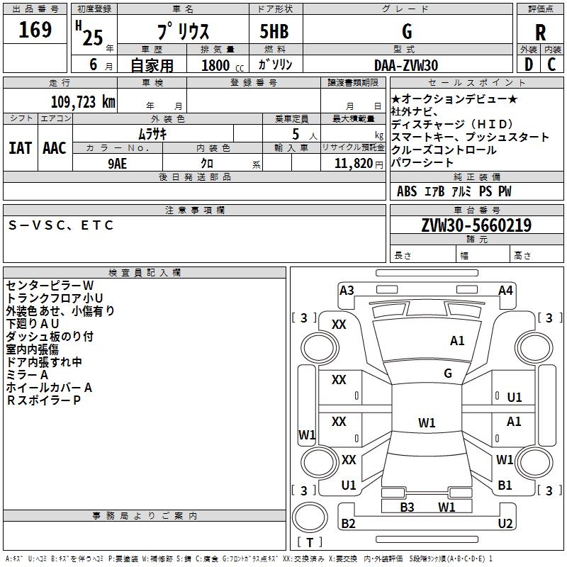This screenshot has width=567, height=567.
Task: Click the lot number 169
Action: pos(35,30)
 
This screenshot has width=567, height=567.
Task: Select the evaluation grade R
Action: pos(540,33)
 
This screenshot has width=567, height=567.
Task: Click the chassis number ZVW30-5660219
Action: pos(476,225)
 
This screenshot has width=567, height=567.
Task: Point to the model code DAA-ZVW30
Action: pos(406,65)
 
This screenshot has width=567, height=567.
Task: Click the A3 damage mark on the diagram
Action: pos(347,290)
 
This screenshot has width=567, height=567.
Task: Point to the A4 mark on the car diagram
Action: pos(505,290)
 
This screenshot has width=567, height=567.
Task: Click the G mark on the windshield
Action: pos(448,374)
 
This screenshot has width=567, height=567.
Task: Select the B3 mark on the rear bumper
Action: pos(407,507)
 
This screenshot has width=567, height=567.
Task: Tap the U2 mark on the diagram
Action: pos(505,524)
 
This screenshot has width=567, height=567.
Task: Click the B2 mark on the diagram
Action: pos(348,524)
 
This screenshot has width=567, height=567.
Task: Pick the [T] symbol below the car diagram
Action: pos(310,542)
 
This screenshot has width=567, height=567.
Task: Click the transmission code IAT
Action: pos(20,147)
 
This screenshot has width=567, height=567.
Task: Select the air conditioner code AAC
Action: pos(55,147)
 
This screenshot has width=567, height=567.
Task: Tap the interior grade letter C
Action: pos(551,64)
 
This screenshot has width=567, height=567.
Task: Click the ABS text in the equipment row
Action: pos(407,191)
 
